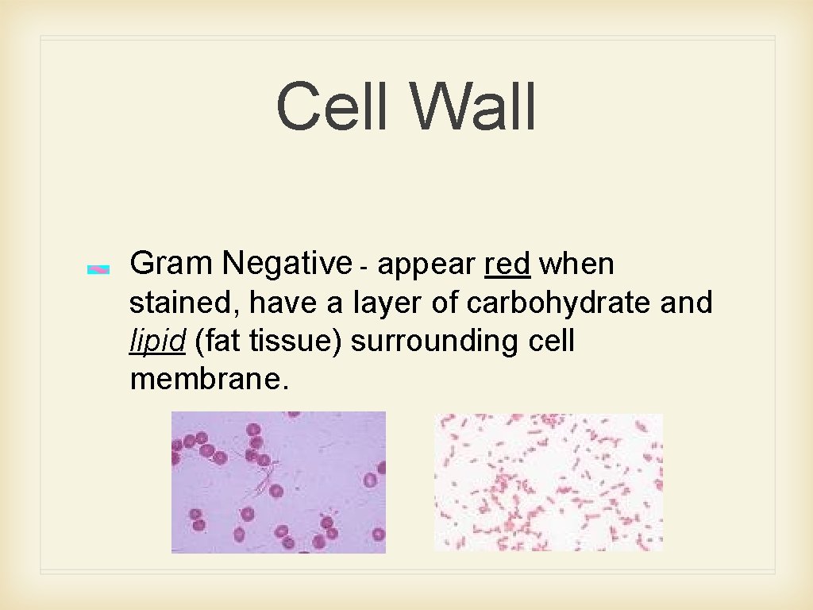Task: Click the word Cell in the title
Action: [334, 107]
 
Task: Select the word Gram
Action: [171, 263]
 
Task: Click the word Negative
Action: [287, 263]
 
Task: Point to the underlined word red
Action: [507, 264]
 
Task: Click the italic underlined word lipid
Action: [157, 342]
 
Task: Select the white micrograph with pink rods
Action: [548, 481]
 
